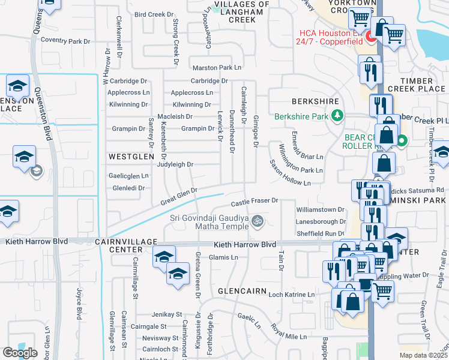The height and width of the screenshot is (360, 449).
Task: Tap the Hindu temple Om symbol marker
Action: (258, 221)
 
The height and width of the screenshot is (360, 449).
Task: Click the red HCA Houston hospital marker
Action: (372, 39)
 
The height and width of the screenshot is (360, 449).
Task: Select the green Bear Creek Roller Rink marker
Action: (402, 142)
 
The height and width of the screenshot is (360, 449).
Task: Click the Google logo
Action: (20, 352)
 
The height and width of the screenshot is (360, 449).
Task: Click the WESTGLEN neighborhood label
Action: (127, 156)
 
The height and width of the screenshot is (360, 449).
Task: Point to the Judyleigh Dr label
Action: (175, 164)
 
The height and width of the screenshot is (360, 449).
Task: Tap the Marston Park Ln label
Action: (217, 68)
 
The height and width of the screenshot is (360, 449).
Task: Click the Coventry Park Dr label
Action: (65, 41)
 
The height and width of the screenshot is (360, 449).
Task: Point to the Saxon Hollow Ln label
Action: (289, 173)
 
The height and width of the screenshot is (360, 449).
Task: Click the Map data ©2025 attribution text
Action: (423, 355)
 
